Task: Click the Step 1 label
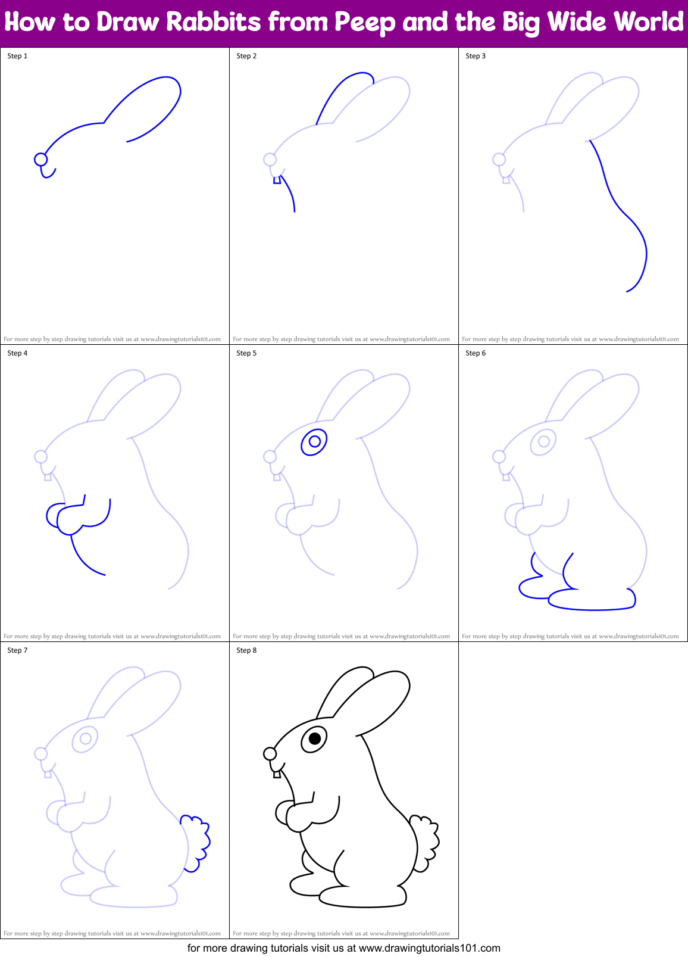click(17, 56)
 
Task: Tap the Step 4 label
click(17, 353)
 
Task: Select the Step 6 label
click(476, 353)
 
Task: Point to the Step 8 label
click(246, 650)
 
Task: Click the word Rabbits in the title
click(214, 23)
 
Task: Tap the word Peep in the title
click(364, 23)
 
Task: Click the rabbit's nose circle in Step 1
click(40, 159)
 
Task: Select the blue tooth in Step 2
click(277, 179)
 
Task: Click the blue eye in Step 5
click(315, 442)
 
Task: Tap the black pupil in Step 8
click(315, 739)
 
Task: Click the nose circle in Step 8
click(270, 754)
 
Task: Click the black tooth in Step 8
click(277, 774)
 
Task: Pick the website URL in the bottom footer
click(429, 948)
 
